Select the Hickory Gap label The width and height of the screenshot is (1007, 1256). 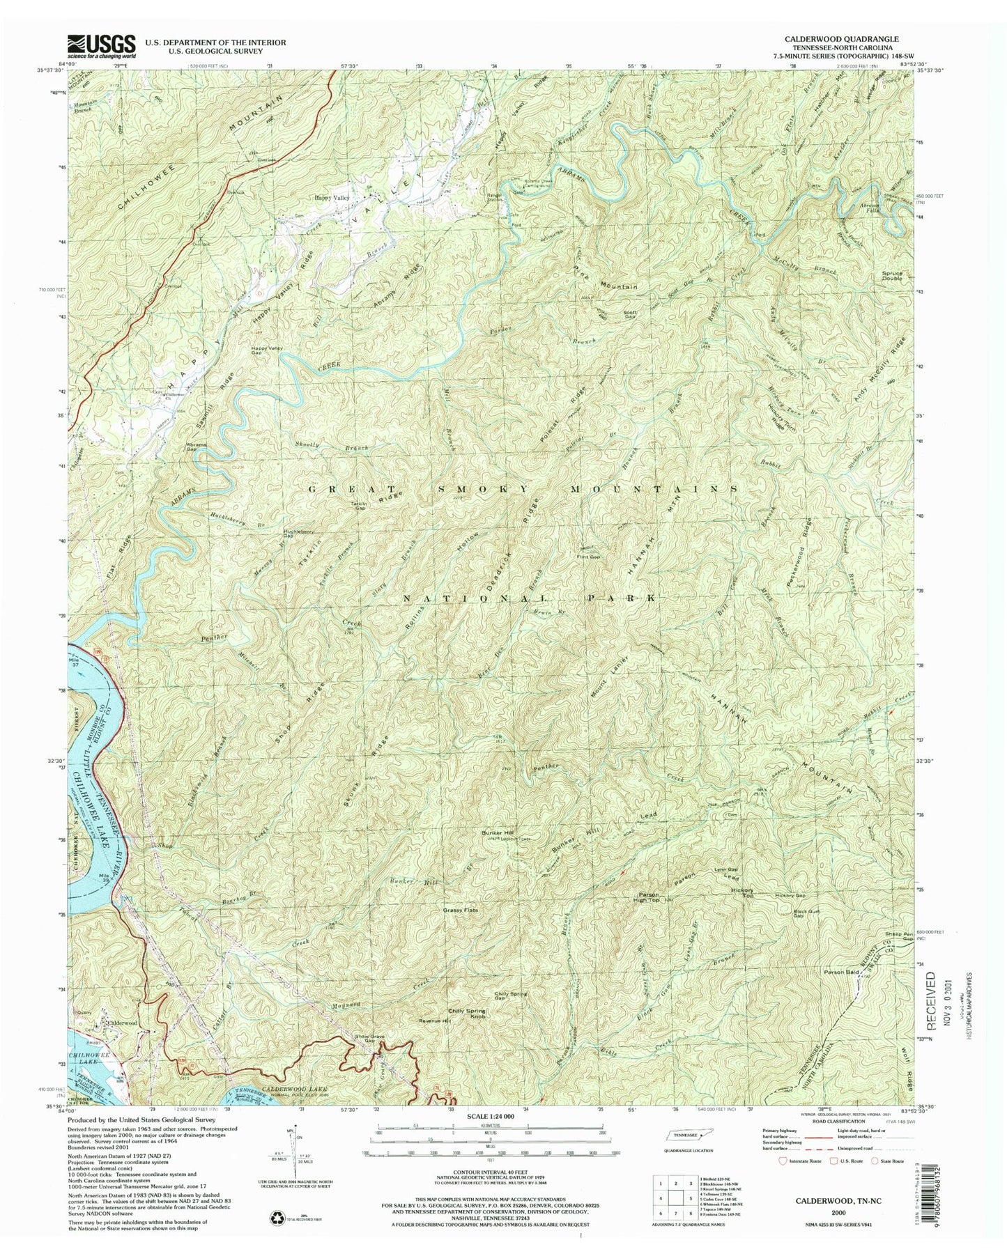[x=790, y=895]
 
